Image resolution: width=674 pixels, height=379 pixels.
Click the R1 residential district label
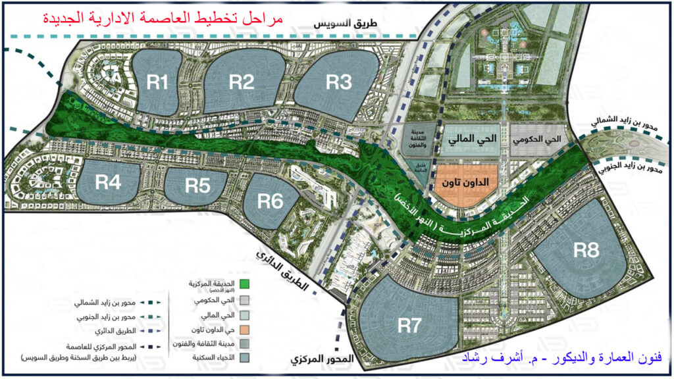point(158,82)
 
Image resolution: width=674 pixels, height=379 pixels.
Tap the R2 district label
point(242,82)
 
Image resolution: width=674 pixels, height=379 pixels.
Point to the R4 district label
point(108,182)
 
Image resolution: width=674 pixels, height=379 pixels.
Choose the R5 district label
point(197,186)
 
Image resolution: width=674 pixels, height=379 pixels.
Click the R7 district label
point(409,325)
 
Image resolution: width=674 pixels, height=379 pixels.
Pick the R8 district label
point(586,250)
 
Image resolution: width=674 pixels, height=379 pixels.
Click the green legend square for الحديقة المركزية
point(245,284)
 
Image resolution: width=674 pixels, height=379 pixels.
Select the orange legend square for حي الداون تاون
point(245,328)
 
